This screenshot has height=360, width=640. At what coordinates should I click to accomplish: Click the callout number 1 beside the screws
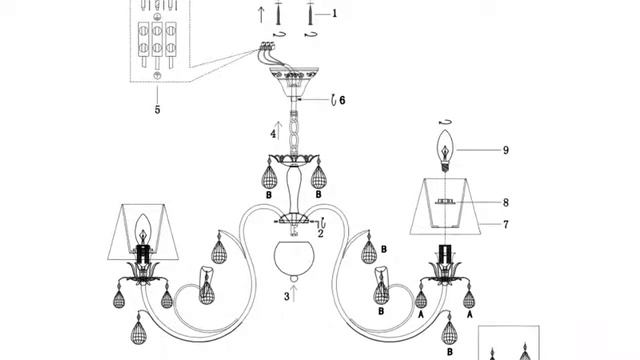point(335,13)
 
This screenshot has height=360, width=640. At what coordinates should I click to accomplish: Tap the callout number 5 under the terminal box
point(158,109)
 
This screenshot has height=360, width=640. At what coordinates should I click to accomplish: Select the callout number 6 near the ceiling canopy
point(342,100)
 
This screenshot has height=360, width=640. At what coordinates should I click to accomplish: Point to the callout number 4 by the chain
point(273,134)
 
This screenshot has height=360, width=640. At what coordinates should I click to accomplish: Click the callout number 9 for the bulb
point(506,150)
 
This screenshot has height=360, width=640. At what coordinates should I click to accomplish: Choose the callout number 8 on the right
point(506,202)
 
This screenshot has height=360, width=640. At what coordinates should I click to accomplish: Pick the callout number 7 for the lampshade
point(506,224)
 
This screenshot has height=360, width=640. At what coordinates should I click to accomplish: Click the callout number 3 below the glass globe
point(287,297)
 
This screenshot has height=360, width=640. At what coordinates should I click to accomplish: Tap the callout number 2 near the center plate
point(320,234)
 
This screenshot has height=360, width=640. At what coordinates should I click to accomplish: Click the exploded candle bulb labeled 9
point(445,151)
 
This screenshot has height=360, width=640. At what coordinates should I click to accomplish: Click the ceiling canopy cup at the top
point(294,82)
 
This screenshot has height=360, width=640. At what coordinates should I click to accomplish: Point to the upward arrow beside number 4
point(279,131)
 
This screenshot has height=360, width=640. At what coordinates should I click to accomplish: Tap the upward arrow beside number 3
point(294,293)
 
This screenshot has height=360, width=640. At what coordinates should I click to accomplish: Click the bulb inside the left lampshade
point(143,229)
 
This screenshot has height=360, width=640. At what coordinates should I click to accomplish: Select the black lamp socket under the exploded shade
point(445,254)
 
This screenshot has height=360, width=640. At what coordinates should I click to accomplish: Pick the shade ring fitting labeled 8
point(445,201)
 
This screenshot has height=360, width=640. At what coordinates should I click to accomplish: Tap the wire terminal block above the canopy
point(267,46)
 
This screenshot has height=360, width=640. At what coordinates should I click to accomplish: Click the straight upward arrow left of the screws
point(261,15)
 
